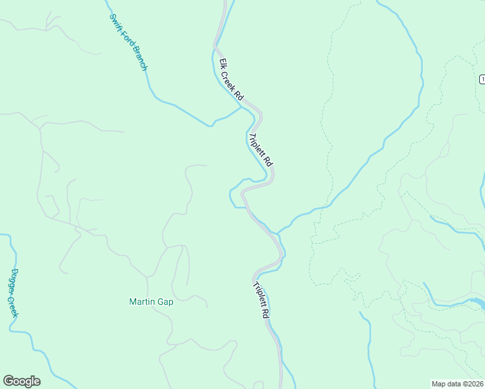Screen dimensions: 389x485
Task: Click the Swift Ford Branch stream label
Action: tap(128, 41)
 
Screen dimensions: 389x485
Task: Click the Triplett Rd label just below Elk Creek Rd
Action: tap(261, 149)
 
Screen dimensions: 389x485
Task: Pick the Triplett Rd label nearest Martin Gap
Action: tap(261, 300)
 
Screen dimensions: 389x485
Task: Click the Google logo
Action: tap(21, 381)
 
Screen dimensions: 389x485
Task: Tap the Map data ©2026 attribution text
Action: tap(457, 383)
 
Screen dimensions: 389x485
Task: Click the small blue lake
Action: tap(477, 303)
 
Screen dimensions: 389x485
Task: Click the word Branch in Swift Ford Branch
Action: tap(140, 58)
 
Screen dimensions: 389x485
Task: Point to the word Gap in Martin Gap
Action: tap(167, 301)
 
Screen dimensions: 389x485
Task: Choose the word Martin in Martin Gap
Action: tap(143, 301)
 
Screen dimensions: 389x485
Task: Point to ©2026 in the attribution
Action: tap(471, 383)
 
